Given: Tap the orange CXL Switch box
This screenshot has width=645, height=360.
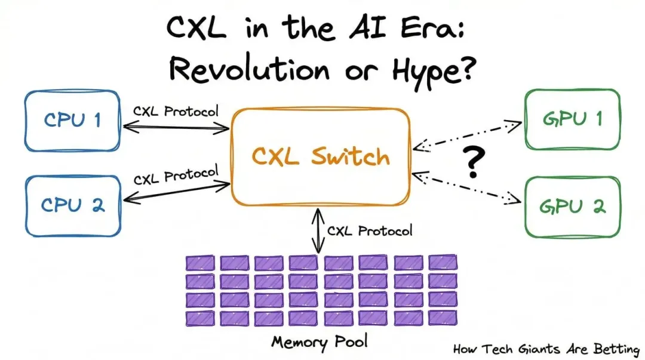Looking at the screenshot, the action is (321, 156).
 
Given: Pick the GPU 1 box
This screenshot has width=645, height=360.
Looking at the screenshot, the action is (572, 119).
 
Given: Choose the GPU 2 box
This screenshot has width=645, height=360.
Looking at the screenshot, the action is (572, 206).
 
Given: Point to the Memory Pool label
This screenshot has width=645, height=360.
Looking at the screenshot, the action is (320, 341).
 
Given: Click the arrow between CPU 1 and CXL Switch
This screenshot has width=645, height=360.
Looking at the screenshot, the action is (176, 127).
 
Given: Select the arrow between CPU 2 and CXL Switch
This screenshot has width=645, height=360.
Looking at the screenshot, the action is (176, 191).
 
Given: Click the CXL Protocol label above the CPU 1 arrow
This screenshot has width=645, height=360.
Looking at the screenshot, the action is (176, 111).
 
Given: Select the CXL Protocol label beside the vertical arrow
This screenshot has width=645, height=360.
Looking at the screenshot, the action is (369, 230).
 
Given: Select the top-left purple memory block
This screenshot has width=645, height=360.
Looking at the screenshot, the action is (199, 263).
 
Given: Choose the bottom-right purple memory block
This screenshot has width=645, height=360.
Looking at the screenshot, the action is (443, 318).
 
